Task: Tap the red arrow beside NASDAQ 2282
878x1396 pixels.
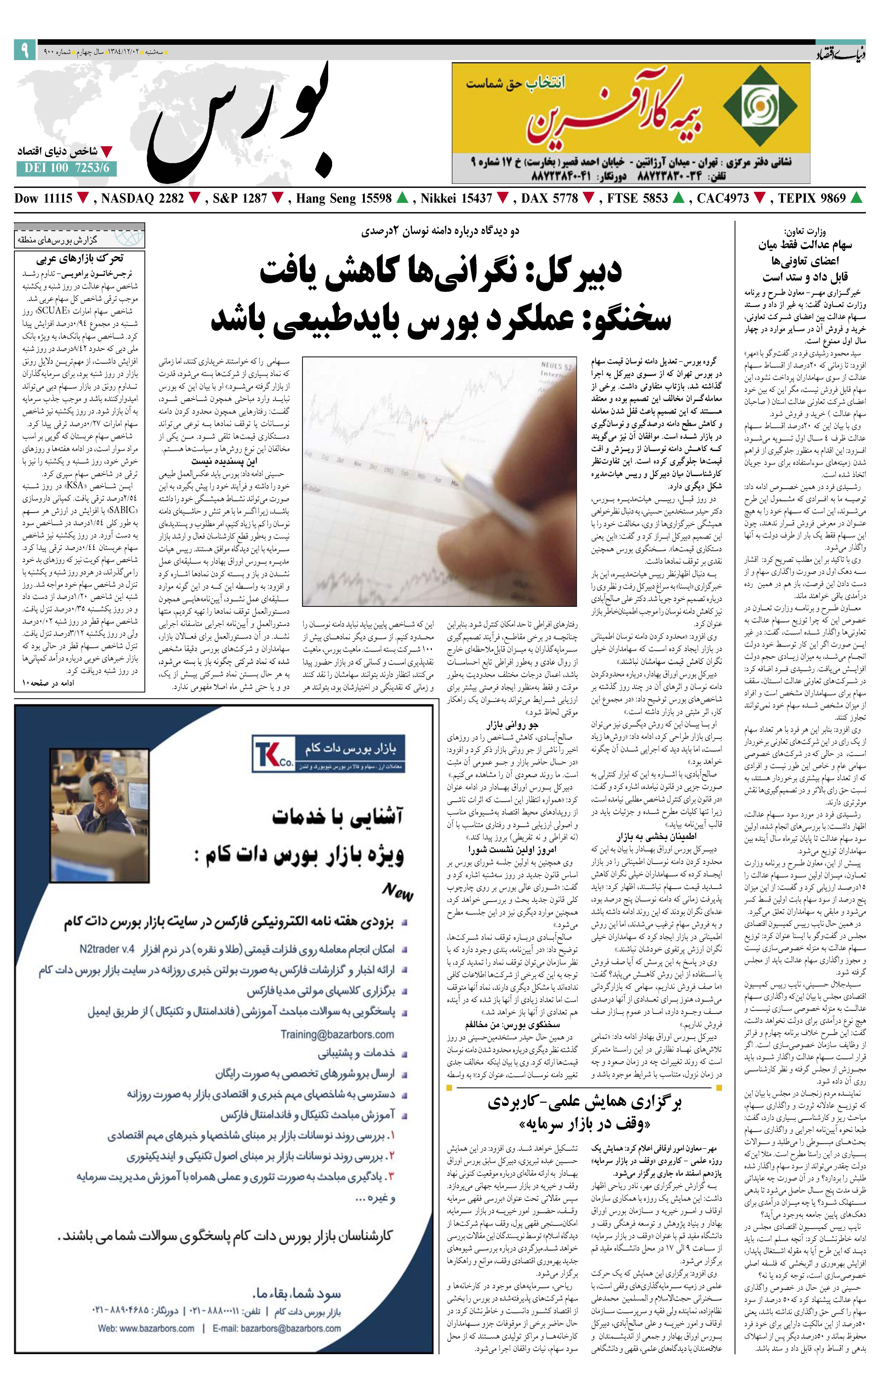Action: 195,198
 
